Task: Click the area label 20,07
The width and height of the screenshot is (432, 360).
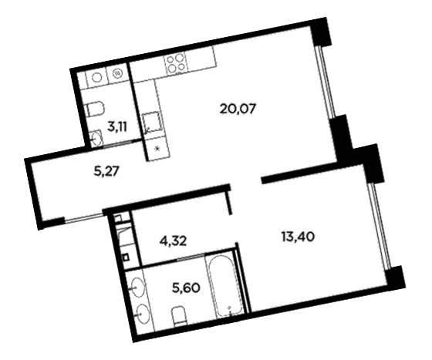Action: [238, 109]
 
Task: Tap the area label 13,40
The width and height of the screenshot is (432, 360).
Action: [298, 237]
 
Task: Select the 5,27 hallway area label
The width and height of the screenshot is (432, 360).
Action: [106, 172]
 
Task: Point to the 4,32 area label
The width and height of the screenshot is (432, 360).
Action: [174, 241]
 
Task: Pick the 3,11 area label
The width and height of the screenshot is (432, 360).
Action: [117, 127]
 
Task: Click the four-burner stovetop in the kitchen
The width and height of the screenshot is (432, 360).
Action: [174, 63]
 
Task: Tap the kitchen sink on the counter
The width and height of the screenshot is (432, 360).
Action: [151, 123]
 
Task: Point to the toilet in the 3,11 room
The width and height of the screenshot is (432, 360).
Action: [96, 109]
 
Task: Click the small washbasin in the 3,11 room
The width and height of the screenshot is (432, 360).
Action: [96, 138]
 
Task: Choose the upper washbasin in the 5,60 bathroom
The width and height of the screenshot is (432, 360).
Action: [137, 288]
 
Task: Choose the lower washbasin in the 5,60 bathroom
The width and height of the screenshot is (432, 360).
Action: [142, 313]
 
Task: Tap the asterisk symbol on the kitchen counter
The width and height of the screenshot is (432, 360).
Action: [157, 149]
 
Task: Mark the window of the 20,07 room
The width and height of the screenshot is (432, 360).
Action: [326, 82]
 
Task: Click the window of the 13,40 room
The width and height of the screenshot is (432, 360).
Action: [379, 225]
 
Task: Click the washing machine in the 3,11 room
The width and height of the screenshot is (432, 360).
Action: [117, 73]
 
